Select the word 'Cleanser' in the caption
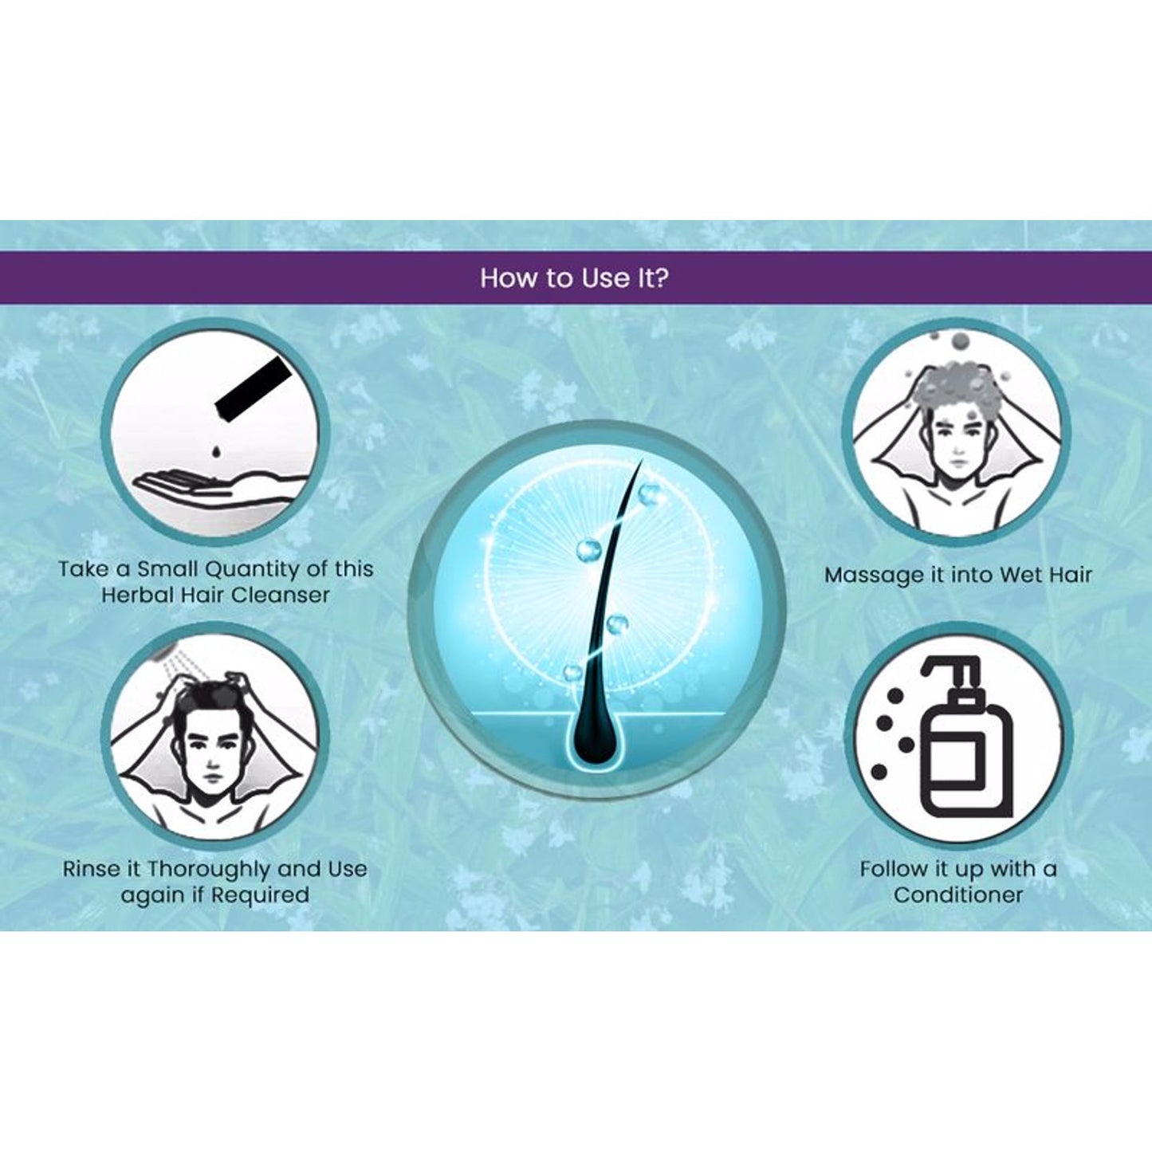point(280,596)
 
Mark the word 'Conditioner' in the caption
point(957,895)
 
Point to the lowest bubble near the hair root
point(572,672)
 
